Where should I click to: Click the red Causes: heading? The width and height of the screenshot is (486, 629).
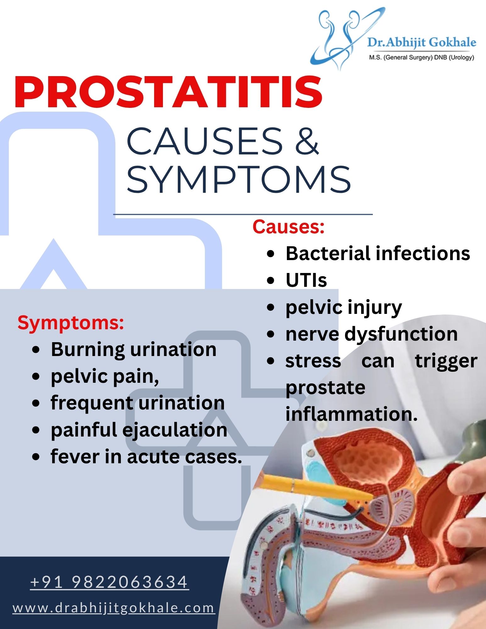click(288, 226)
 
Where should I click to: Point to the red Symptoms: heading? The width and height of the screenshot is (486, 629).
click(71, 323)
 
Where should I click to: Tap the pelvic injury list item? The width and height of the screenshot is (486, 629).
click(344, 308)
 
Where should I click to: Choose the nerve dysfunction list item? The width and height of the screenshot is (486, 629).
click(371, 334)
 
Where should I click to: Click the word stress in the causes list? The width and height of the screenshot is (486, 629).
click(313, 361)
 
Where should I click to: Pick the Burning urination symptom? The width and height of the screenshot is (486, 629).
click(134, 350)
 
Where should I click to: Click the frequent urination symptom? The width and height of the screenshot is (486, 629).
click(138, 404)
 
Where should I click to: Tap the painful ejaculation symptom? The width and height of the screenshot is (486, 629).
click(139, 430)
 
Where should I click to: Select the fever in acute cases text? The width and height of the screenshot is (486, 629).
click(146, 456)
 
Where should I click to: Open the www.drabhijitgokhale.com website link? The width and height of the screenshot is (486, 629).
click(114, 608)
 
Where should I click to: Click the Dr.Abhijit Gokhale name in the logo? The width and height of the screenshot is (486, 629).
click(422, 42)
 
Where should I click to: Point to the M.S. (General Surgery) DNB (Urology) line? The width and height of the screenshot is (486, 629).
click(422, 57)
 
